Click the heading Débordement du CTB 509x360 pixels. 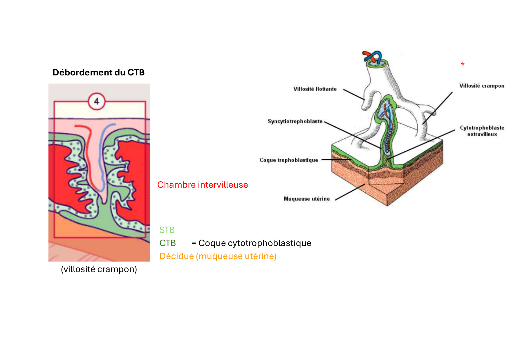[x=98, y=73]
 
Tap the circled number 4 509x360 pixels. [x=96, y=101]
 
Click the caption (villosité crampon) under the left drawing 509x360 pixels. [x=99, y=269]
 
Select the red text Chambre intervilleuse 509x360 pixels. [x=202, y=185]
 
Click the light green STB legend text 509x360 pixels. [x=167, y=230]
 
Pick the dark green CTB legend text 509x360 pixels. [x=167, y=243]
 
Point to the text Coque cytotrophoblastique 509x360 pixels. [x=255, y=243]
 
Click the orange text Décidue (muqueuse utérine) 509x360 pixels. [x=218, y=256]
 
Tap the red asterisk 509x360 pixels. [x=463, y=64]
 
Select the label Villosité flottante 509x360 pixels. [x=315, y=89]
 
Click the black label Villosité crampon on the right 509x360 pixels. [x=481, y=86]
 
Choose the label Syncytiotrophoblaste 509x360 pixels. [x=295, y=121]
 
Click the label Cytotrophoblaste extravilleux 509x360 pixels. [x=482, y=131]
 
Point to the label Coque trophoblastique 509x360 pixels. [x=288, y=160]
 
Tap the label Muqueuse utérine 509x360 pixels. [x=306, y=199]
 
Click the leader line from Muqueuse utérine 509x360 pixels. [x=350, y=192]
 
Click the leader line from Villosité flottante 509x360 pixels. [x=354, y=95]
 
